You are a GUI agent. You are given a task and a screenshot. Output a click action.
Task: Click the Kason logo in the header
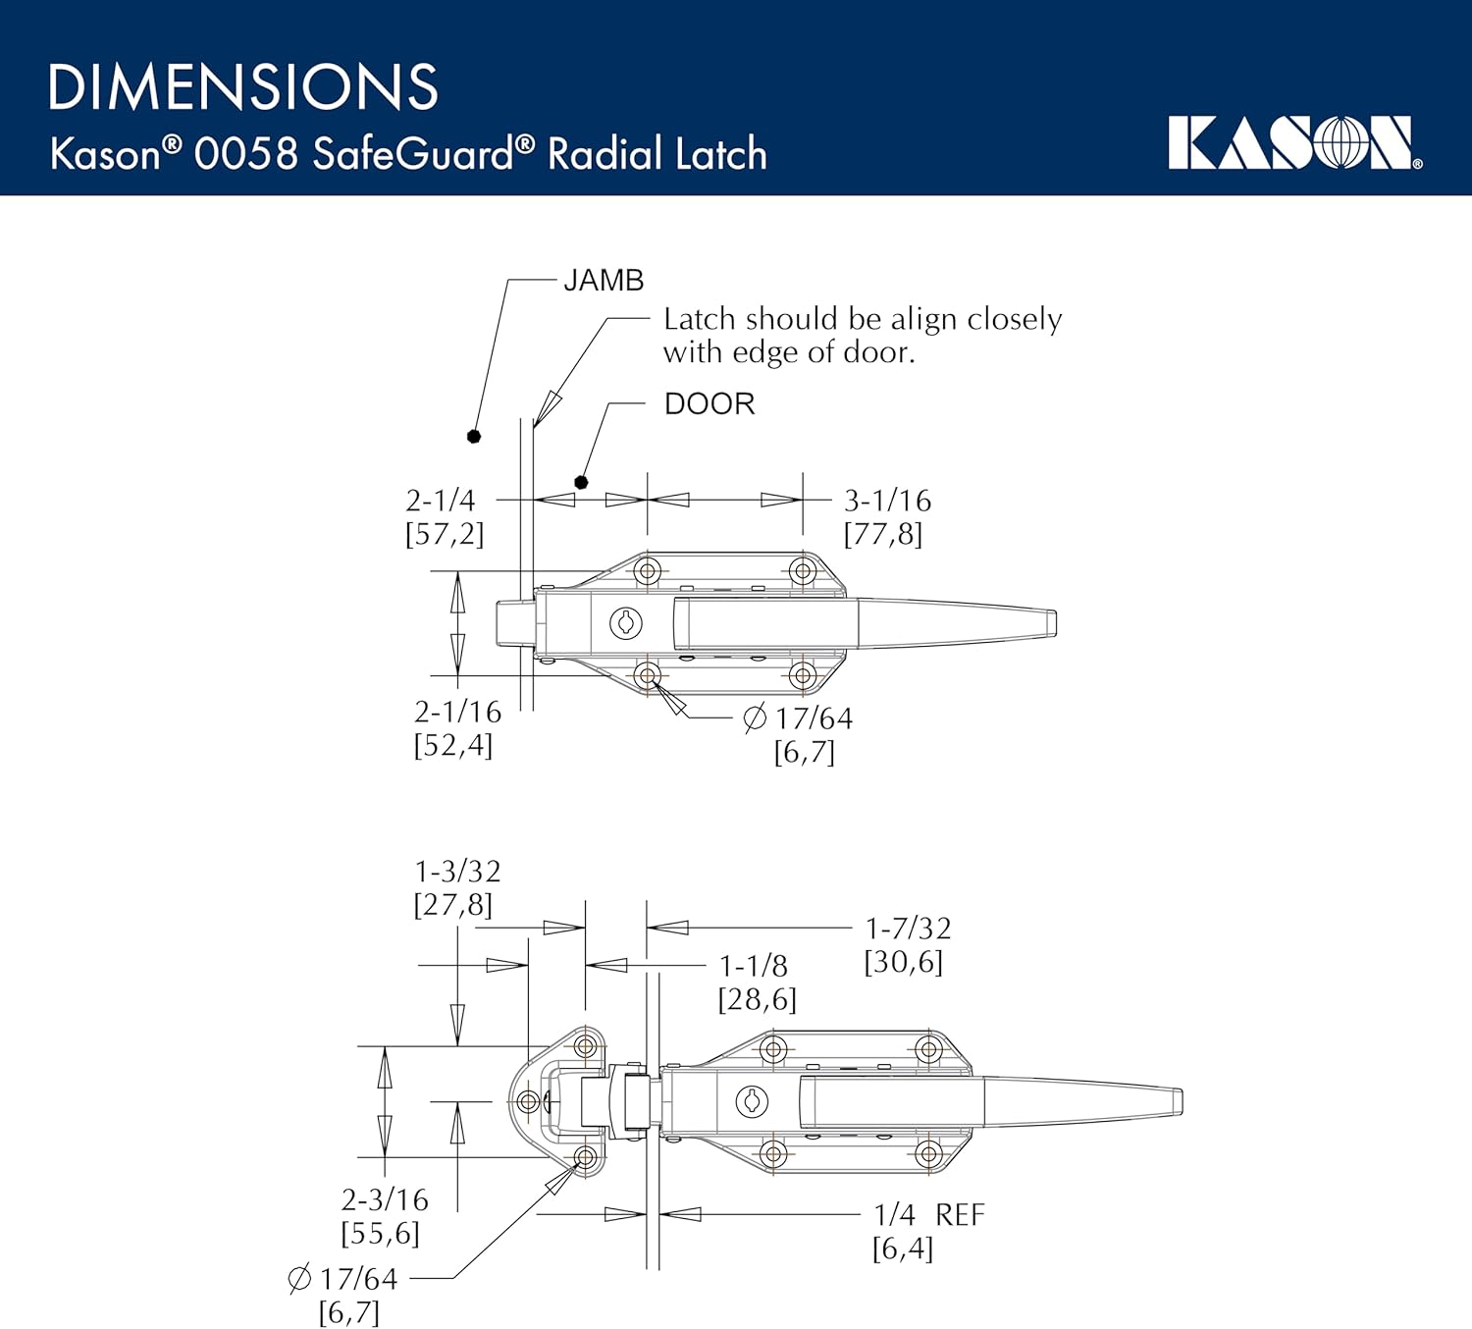tap(1293, 143)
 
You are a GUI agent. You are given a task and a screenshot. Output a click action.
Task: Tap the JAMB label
tap(604, 281)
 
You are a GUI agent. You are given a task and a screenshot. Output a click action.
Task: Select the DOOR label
tap(710, 404)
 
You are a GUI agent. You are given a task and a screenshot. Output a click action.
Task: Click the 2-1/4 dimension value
tap(441, 501)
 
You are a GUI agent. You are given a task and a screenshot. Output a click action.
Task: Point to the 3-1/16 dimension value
tap(887, 501)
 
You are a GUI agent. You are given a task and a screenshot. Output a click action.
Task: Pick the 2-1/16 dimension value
tap(457, 712)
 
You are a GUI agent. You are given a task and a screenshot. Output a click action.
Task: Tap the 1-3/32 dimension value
tap(457, 872)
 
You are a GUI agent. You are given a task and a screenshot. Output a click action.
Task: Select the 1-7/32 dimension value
tap(908, 929)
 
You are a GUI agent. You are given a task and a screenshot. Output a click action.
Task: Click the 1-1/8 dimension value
tap(753, 966)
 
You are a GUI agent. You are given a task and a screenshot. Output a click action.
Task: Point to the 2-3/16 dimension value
tap(385, 1199)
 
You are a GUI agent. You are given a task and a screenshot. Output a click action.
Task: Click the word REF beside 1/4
tap(959, 1215)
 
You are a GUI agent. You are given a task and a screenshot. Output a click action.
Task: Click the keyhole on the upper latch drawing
tap(626, 622)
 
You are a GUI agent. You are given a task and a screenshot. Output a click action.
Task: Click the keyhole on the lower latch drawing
tap(752, 1101)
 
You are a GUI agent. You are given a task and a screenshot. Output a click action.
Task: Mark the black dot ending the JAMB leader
tap(474, 436)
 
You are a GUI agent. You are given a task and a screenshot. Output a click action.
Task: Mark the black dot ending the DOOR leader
tap(581, 482)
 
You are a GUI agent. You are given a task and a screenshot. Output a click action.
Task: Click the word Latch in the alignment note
tap(699, 319)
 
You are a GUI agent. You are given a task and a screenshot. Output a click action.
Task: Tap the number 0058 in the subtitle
tap(245, 154)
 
